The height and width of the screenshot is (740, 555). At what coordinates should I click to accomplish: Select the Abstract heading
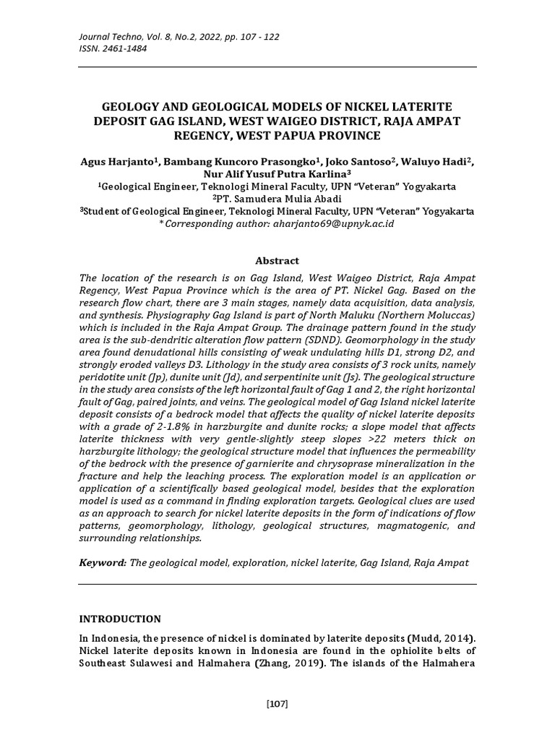277,261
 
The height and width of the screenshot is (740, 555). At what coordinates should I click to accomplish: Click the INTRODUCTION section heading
120,619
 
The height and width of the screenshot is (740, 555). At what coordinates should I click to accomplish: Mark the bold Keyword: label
103,562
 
